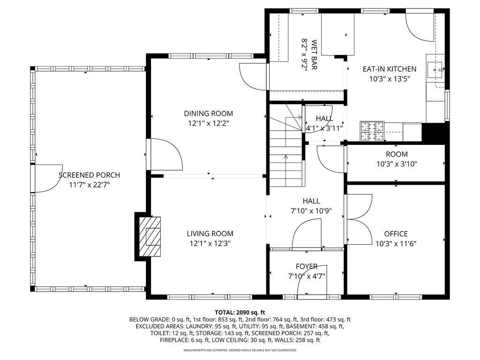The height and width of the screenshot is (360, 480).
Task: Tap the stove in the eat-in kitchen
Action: click(x=372, y=131)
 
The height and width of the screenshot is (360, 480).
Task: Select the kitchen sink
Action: click(x=436, y=69)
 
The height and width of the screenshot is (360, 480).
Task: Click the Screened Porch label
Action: click(x=89, y=175)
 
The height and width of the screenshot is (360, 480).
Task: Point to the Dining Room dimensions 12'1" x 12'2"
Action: click(x=208, y=123)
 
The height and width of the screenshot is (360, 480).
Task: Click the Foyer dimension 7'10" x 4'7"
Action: click(x=307, y=276)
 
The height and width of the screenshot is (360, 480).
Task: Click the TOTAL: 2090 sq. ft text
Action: click(x=240, y=312)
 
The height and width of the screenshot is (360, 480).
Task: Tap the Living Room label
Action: click(x=210, y=233)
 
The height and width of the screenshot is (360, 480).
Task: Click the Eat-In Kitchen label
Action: click(x=389, y=69)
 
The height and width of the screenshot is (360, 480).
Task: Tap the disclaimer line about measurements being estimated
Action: click(x=240, y=350)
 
